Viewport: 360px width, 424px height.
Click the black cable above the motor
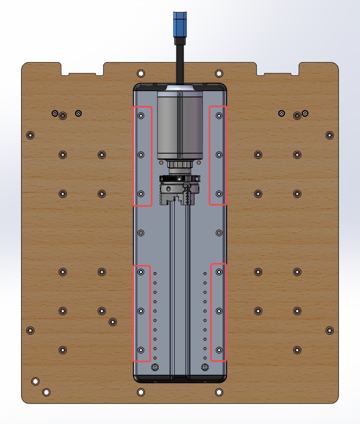(180, 63)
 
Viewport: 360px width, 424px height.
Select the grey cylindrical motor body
(180, 125)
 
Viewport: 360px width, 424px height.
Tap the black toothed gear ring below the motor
(179, 179)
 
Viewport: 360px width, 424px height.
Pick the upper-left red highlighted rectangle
(142, 156)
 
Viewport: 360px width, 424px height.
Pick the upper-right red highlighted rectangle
(218, 155)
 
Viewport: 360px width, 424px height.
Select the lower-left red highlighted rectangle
(141, 313)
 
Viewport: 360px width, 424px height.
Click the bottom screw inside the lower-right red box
(219, 350)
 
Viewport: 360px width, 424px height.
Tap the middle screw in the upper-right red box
(219, 155)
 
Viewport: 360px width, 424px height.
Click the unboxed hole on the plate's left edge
(141, 233)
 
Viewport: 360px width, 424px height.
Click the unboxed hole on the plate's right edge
(219, 233)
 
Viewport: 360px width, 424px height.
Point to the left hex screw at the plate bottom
(155, 367)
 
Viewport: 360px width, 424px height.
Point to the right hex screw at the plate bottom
(204, 367)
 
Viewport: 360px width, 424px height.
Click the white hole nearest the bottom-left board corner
(35, 381)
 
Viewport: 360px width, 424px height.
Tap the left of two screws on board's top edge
(141, 73)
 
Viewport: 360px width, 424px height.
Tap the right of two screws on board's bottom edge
(219, 392)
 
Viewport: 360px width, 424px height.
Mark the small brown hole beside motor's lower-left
(160, 162)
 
